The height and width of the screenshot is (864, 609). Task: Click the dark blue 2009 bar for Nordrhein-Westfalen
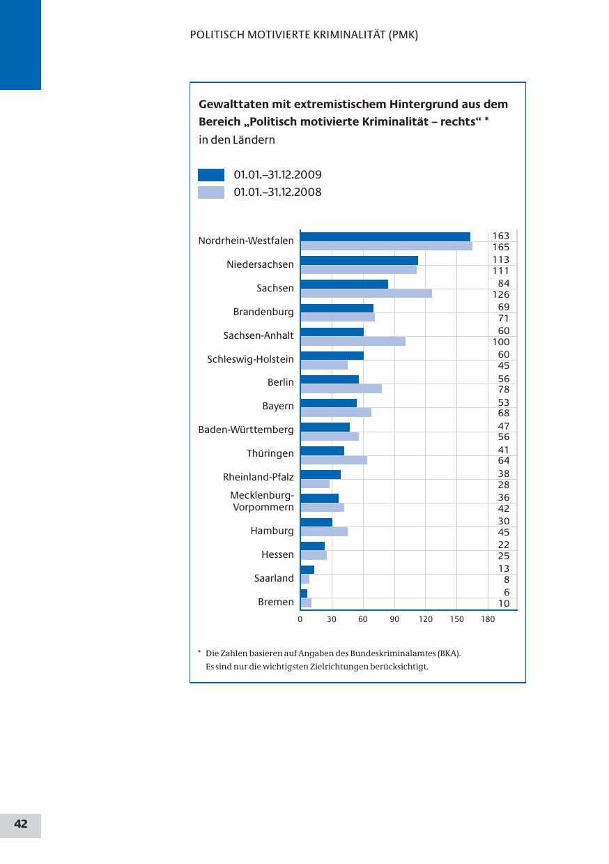(x=385, y=236)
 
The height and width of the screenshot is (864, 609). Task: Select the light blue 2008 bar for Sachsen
(x=366, y=294)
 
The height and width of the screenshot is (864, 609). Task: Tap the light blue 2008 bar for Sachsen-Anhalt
(x=353, y=341)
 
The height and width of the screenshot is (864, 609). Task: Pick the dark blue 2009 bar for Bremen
(x=304, y=593)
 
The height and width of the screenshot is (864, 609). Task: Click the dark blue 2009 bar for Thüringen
(x=322, y=450)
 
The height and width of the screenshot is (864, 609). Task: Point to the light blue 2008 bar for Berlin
(x=341, y=388)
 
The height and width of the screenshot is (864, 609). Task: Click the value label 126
(x=501, y=294)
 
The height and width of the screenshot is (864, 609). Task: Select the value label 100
(x=501, y=342)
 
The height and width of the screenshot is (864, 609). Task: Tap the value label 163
(x=501, y=236)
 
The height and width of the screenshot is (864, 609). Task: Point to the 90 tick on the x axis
(x=394, y=619)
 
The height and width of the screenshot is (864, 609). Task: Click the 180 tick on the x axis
(x=488, y=619)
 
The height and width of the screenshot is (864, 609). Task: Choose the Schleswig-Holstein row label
(x=250, y=359)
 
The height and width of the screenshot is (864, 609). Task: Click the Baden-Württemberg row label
(x=246, y=430)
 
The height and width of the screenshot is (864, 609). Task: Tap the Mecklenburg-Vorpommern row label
(x=262, y=501)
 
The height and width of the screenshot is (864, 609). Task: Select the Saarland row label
(x=274, y=578)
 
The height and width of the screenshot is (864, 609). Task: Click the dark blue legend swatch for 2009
(x=211, y=175)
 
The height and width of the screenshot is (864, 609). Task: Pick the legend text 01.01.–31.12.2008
(x=277, y=192)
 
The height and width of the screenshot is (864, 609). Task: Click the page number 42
(x=21, y=824)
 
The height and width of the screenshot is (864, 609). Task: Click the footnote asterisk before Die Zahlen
(x=199, y=653)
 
